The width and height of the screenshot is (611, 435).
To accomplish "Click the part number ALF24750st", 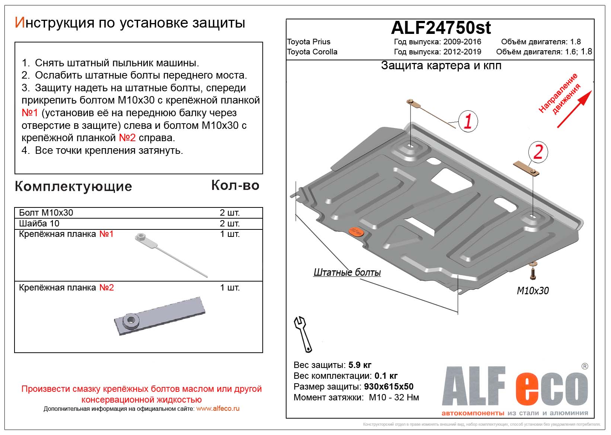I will (441, 28).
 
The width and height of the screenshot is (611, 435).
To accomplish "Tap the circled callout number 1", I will (467, 121).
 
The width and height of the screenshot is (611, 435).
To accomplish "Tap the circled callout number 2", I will (538, 152).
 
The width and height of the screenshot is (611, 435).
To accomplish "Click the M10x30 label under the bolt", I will (532, 291).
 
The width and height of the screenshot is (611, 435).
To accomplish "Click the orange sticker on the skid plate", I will (356, 232).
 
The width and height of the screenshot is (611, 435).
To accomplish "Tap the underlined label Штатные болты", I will (347, 273).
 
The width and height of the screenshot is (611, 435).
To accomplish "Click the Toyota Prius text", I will (308, 42).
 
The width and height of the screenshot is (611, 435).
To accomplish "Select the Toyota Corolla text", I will (312, 52).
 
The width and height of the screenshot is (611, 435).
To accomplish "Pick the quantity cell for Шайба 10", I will (230, 223).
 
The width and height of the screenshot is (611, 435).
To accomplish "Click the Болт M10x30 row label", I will (46, 213).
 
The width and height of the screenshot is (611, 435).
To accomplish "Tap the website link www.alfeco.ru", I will (218, 409).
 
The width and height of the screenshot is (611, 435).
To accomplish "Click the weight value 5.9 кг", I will (360, 365).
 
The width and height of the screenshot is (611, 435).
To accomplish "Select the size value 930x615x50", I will (388, 387).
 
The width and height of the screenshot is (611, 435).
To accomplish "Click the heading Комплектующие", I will (73, 187).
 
